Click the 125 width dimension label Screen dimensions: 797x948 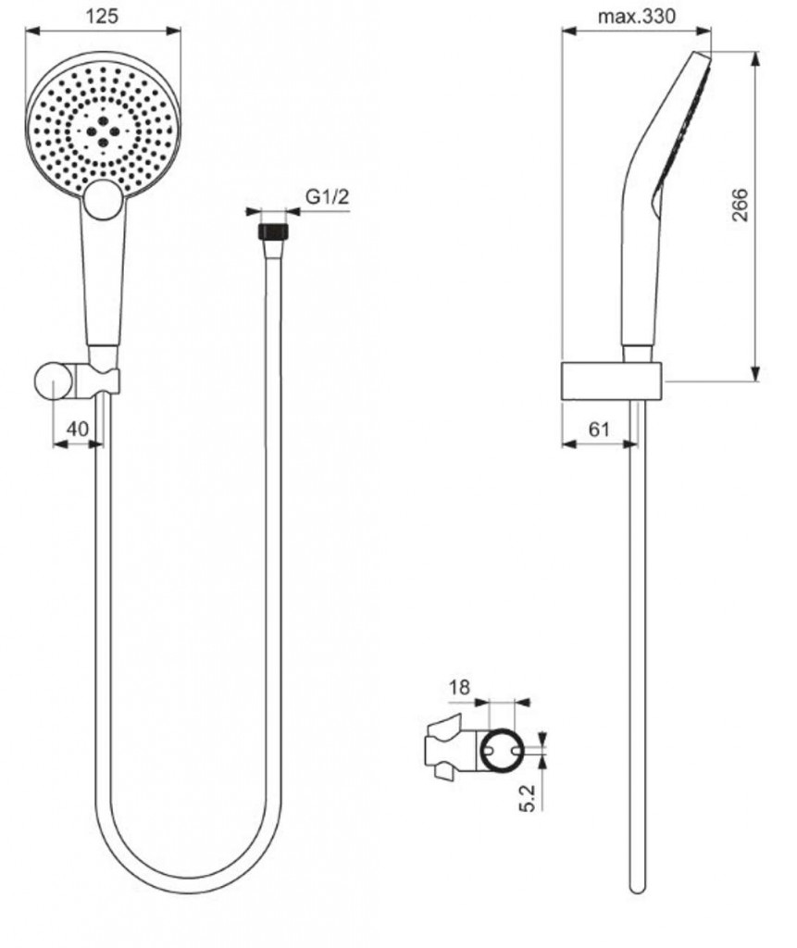coord(102,17)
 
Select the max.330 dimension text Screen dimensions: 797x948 coord(636,17)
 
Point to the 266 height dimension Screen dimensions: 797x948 coord(741,205)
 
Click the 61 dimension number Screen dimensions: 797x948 coord(599,430)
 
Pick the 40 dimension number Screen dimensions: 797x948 coord(77,429)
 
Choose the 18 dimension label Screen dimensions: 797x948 coord(459,688)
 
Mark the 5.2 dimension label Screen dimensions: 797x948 coord(528,797)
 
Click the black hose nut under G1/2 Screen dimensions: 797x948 coord(273,231)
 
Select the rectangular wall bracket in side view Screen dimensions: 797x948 coord(611,381)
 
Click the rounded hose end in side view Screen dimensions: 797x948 coord(635,887)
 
